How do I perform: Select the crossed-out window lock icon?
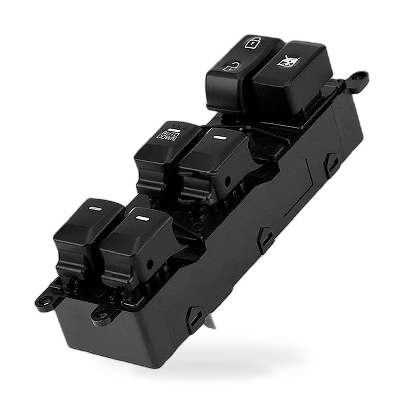(289, 61)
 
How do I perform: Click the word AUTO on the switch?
(170, 133)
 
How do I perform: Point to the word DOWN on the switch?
(167, 138)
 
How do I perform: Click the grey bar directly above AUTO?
(174, 129)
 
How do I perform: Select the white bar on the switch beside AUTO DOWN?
(220, 138)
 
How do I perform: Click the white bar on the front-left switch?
(95, 209)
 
